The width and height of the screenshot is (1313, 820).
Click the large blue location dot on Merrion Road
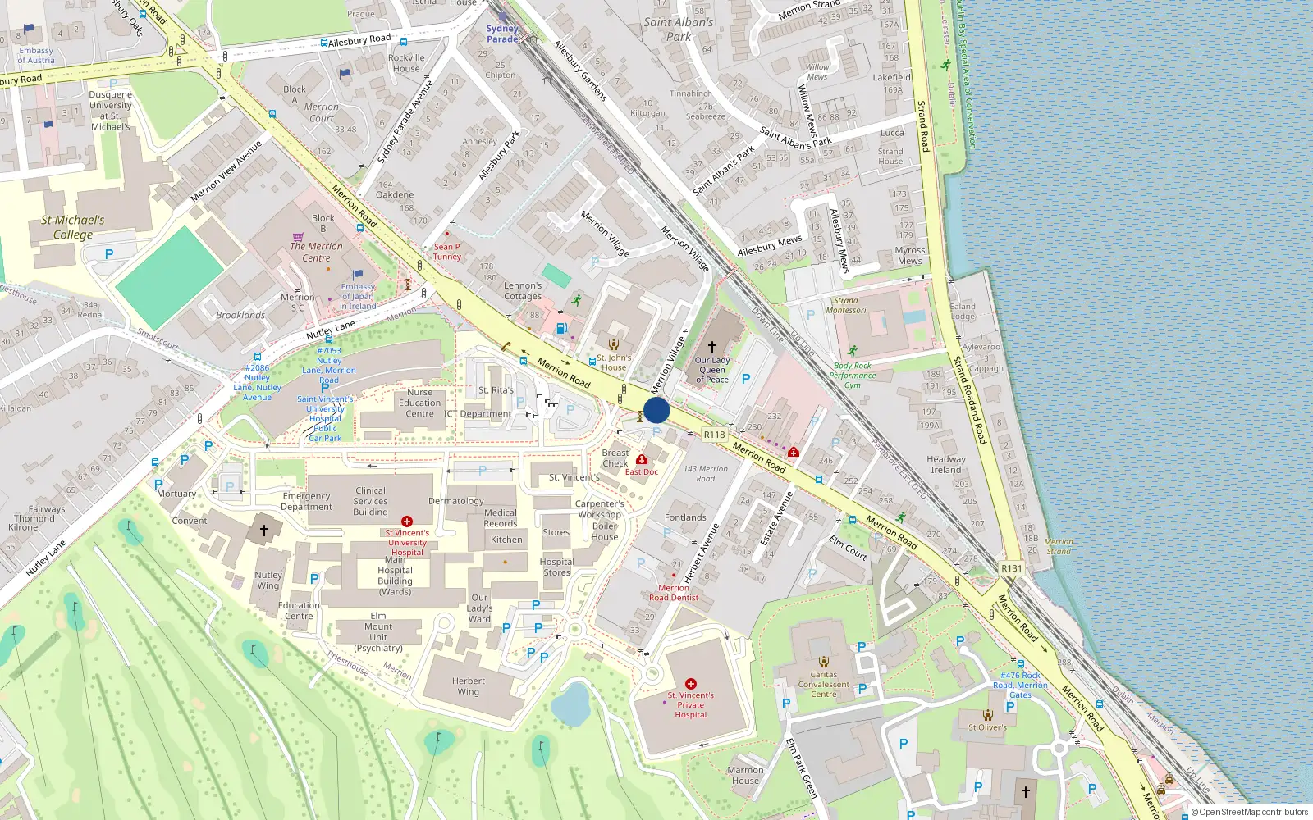[x=656, y=410]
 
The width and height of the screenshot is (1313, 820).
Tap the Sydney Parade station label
[x=501, y=34]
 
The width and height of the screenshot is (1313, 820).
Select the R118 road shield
[x=714, y=435]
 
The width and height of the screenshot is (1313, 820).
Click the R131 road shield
[x=1012, y=568]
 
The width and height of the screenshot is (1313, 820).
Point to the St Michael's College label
[x=73, y=227]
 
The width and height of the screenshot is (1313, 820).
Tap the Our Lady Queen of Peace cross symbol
[x=712, y=347]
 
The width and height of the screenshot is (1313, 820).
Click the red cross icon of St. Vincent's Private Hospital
[x=691, y=683]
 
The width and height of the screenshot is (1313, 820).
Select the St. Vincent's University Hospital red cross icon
[x=406, y=522]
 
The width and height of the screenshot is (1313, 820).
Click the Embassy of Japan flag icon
[x=358, y=275]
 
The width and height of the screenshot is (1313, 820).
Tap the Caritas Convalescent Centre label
[x=824, y=684]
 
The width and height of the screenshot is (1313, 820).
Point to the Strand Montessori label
[x=846, y=305]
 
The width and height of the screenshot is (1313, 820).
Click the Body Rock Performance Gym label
[x=853, y=376]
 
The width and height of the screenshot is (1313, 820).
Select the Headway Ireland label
[x=946, y=464]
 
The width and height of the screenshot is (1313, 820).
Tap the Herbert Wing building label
[x=468, y=686]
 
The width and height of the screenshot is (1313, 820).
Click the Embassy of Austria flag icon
[x=30, y=28]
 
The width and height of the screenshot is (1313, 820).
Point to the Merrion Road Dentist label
[x=674, y=592]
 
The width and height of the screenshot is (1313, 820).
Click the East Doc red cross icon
[x=642, y=460]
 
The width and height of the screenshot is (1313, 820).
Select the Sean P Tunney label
[x=447, y=252]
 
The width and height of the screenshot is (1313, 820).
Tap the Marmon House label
[x=745, y=775]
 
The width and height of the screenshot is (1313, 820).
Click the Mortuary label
[x=176, y=494]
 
